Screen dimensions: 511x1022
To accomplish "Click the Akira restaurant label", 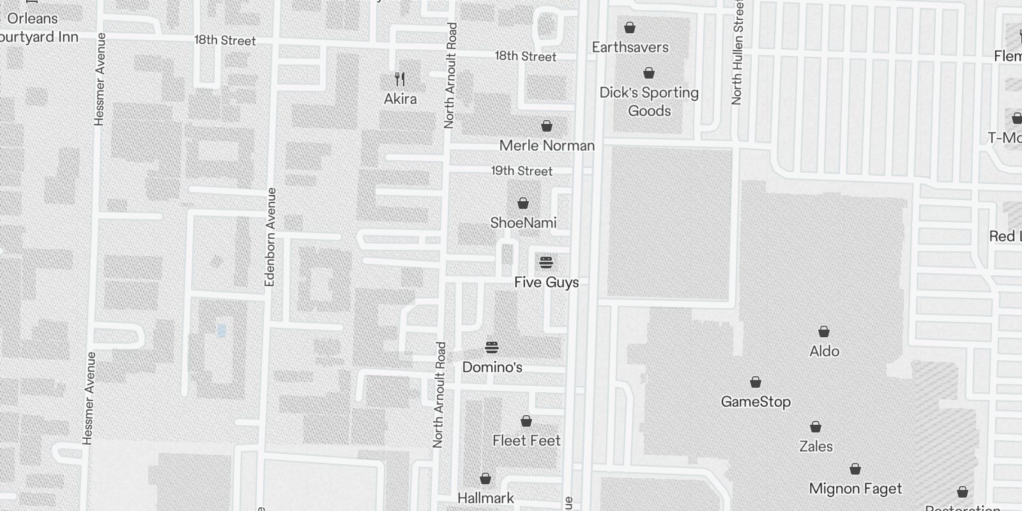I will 400,99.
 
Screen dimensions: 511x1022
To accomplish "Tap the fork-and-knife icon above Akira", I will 400,79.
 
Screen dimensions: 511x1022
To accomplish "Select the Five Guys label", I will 546,282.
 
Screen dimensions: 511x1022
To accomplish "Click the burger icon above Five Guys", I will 546,263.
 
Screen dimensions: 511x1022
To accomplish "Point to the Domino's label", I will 492,367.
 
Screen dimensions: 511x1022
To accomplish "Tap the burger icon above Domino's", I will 492,347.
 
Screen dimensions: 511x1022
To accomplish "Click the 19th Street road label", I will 522,171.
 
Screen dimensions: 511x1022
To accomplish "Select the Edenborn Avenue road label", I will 270,237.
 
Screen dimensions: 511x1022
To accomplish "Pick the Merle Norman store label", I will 547,146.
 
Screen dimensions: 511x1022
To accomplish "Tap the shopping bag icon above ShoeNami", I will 523,203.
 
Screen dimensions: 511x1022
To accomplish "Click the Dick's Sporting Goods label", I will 649,102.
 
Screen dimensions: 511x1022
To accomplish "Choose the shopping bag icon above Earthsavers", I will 630,27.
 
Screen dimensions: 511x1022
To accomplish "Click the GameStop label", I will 756,402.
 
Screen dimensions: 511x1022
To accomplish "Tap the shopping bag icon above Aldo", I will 824,332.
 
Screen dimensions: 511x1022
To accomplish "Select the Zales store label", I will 816,446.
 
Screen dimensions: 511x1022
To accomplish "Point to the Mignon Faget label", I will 855,489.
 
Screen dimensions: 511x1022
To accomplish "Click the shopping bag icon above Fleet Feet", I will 526,421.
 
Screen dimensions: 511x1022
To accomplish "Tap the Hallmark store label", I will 485,498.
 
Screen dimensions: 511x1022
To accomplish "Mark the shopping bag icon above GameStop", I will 756,382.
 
